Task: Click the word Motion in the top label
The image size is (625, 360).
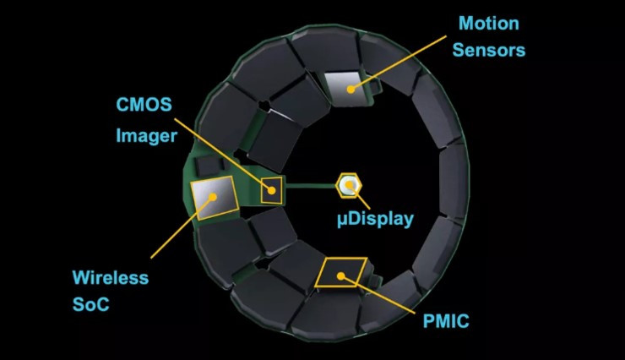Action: [489, 24]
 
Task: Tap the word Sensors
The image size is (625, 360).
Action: [489, 50]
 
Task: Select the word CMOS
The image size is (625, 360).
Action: [144, 105]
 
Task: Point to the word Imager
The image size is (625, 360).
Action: [146, 136]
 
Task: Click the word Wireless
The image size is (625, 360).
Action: [111, 277]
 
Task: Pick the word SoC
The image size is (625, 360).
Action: [91, 304]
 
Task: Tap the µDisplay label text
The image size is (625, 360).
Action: [375, 219]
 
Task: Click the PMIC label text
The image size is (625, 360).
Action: [446, 321]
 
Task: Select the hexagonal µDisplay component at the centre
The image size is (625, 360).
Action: [349, 185]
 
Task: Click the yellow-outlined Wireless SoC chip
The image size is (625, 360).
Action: [215, 198]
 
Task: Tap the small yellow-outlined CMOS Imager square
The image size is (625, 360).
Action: [271, 190]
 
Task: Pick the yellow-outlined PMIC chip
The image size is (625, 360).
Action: [341, 272]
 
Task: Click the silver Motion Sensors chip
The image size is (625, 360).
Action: [346, 89]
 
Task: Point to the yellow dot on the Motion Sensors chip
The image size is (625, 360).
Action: [351, 90]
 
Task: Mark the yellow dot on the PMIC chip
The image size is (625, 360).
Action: [341, 275]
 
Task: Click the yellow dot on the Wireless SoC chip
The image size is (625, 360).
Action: [213, 197]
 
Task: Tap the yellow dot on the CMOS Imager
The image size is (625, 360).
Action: [271, 191]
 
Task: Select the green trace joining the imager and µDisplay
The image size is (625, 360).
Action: [311, 185]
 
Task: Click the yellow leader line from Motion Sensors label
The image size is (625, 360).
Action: [399, 63]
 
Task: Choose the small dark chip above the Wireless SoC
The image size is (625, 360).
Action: [207, 166]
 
